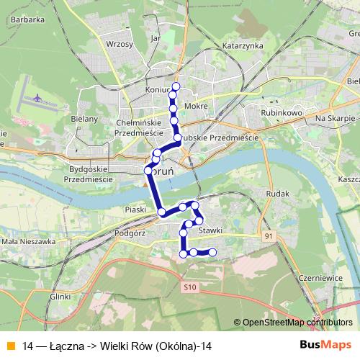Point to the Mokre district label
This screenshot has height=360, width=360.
[196, 106]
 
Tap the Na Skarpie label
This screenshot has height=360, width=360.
[331, 117]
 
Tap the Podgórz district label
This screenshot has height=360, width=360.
[130, 233]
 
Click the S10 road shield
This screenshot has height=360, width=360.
[189, 287]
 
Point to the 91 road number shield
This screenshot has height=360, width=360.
[269, 235]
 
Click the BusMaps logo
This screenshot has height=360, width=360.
[320, 346]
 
